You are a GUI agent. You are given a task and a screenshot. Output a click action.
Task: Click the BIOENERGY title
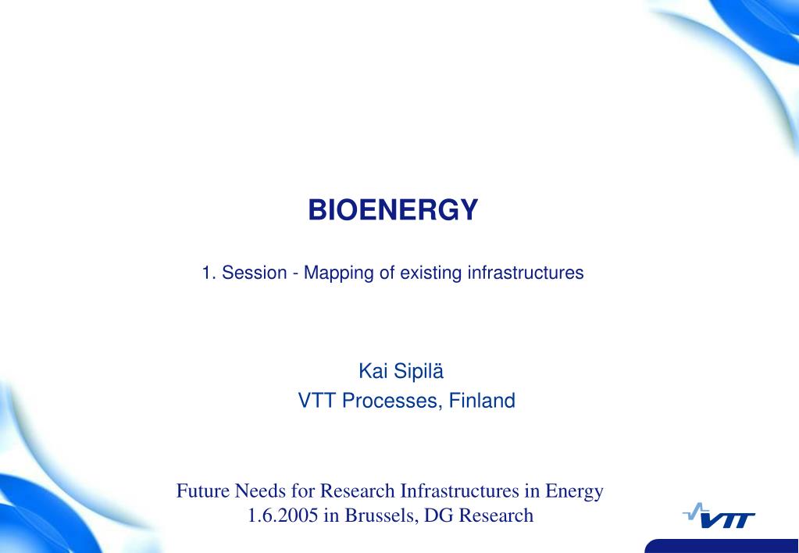[x=393, y=209]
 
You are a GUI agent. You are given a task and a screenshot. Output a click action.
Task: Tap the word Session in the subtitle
[x=255, y=273]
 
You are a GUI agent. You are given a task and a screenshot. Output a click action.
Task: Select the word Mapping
[x=339, y=273]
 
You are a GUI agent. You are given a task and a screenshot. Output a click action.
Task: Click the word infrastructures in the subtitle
[x=526, y=273]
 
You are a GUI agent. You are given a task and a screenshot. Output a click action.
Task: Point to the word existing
[x=431, y=273]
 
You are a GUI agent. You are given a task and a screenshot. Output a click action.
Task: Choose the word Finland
[x=482, y=401]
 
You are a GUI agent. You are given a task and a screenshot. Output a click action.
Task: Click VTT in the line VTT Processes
[x=317, y=401]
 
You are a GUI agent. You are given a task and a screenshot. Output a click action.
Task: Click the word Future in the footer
[x=203, y=491]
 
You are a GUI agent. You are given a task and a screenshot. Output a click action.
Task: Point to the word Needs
[x=260, y=491]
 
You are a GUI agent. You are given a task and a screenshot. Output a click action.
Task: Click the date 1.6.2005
[x=283, y=516]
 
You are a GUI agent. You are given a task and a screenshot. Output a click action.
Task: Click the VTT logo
[x=719, y=516]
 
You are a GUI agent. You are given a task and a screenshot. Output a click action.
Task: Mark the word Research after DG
[x=496, y=516]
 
